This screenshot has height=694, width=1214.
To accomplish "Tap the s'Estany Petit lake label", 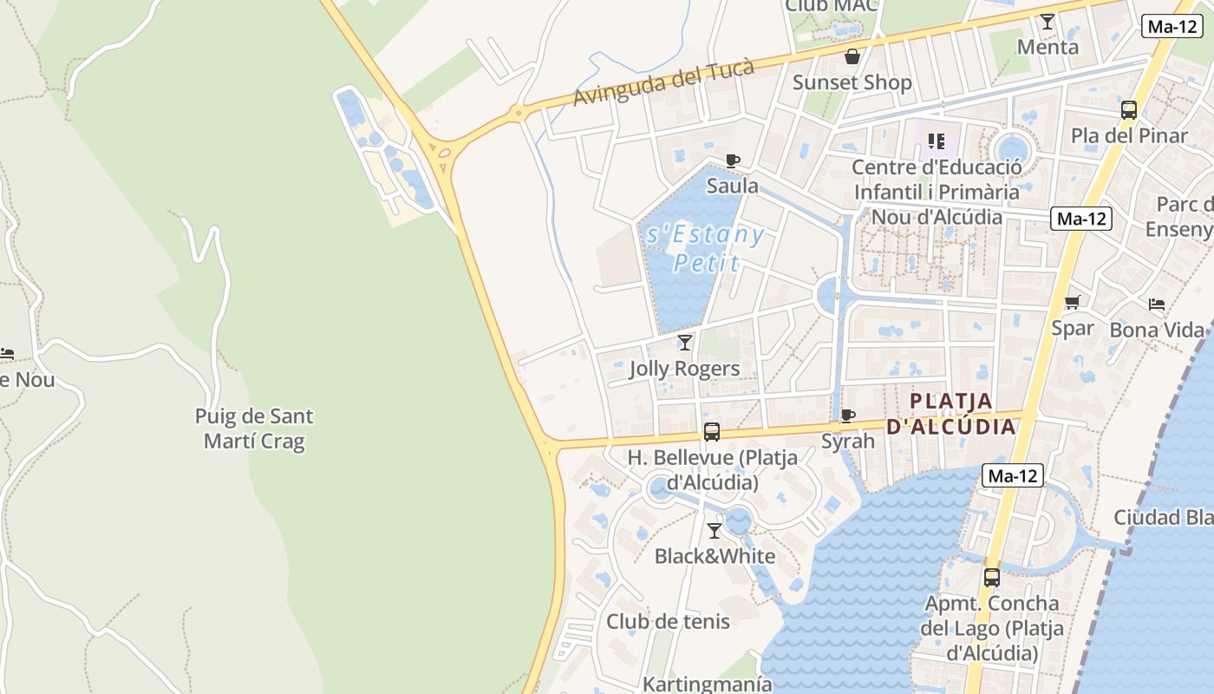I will click(705, 248).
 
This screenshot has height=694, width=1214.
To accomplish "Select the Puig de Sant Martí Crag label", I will click(254, 429).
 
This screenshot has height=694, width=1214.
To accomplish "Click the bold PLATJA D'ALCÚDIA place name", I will click(950, 414).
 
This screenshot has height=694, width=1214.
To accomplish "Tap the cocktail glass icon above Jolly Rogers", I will click(685, 343).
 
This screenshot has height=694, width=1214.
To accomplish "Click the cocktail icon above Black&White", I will click(715, 530).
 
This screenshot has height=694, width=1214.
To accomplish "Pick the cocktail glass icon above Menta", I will click(1048, 22).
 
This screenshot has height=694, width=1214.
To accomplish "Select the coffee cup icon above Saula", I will click(733, 160).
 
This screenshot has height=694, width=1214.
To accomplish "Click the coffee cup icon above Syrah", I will click(848, 416).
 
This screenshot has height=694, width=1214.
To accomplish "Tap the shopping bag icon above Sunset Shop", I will click(852, 57).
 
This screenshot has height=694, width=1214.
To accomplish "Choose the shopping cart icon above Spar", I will click(1073, 303).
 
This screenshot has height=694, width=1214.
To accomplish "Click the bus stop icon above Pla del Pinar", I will click(1128, 110).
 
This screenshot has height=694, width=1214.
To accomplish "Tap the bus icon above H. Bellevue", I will click(712, 431).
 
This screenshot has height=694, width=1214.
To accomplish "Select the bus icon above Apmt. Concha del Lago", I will click(991, 577).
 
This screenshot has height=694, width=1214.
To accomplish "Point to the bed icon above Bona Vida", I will click(1157, 304).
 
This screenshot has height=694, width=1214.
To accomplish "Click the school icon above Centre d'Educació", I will click(936, 141).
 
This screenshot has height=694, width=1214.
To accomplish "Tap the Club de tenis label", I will click(668, 621).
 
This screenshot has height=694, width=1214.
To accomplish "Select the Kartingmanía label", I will click(707, 684).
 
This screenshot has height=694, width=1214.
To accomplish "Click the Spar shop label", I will click(1073, 328).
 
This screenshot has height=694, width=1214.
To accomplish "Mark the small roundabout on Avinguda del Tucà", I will click(519, 111).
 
